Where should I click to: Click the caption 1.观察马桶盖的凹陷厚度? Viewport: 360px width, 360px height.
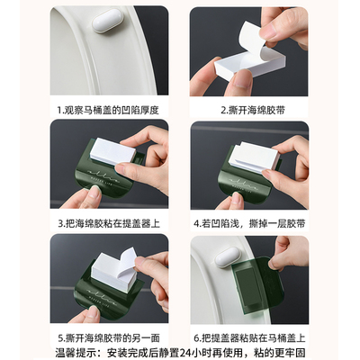coord(112,110)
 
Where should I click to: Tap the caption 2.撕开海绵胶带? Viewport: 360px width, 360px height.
coord(247,110)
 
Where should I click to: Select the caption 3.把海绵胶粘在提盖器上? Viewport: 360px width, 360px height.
coord(112,223)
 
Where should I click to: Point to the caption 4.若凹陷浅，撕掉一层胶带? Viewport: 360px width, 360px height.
coord(247,223)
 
